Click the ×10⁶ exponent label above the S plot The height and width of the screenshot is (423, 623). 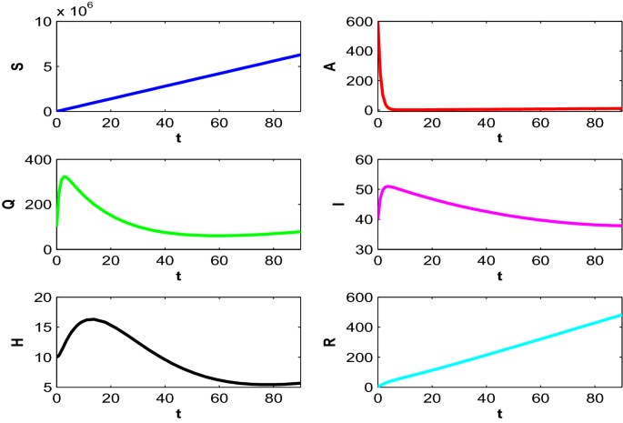[76, 10]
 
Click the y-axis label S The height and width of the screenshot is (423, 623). [18, 65]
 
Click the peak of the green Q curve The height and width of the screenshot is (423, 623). [65, 176]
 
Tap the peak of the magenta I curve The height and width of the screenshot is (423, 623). [388, 186]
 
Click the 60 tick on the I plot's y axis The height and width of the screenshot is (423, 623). [365, 160]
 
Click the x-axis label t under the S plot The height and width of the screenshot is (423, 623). [177, 137]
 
